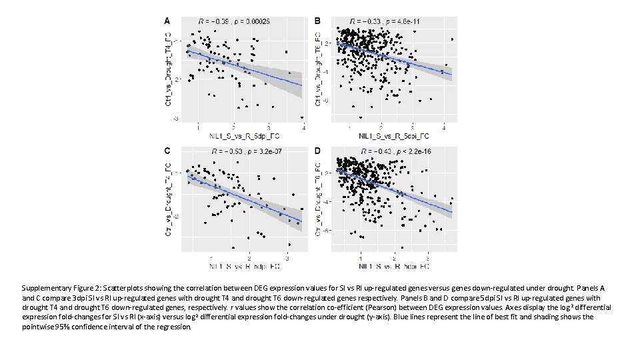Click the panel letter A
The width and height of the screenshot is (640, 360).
[x=167, y=21]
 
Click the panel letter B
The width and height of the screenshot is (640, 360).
[x=317, y=21]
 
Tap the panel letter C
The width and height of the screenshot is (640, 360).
[x=167, y=151]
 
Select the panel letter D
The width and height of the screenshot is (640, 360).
[x=317, y=151]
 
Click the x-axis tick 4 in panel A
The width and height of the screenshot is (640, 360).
[x=303, y=127]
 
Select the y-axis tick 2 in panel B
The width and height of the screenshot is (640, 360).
[x=327, y=43]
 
